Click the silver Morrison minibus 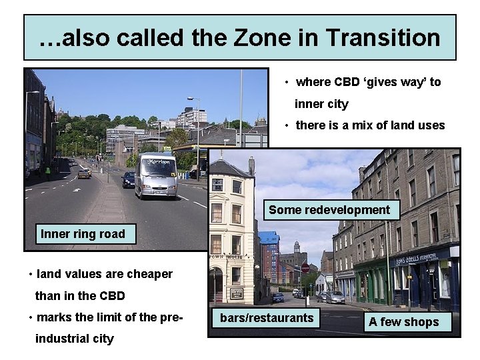(x=155, y=175)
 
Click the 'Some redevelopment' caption (x=329, y=210)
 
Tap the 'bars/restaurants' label (x=266, y=318)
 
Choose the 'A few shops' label (x=403, y=322)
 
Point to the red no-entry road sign (x=305, y=268)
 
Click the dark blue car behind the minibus (x=128, y=179)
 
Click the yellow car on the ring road (x=84, y=173)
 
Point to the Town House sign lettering (x=225, y=256)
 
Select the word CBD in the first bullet (x=346, y=82)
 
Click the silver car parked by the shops (x=335, y=297)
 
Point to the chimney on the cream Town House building (x=251, y=165)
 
